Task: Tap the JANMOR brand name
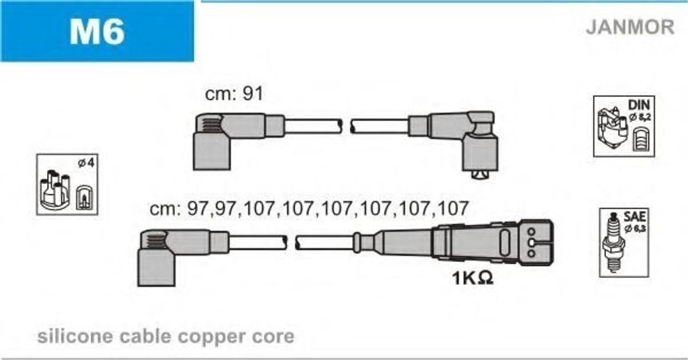point(630,27)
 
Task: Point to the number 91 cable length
point(253,93)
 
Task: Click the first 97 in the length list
point(198,208)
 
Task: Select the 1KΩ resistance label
point(472,277)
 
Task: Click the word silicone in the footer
point(75,336)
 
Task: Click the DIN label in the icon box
point(638,105)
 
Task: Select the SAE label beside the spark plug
point(634,216)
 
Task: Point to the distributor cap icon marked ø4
point(55,189)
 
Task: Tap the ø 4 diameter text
point(86,163)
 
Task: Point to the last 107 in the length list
point(452,208)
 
